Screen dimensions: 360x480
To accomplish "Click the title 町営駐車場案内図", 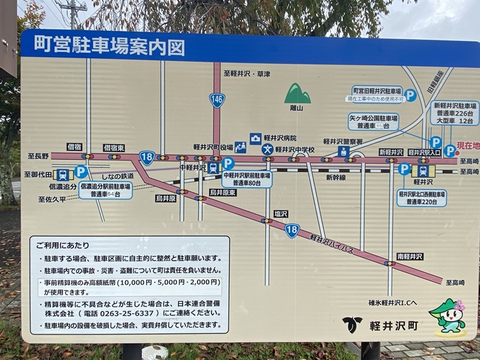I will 104,47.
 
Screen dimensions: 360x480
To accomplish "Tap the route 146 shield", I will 217,100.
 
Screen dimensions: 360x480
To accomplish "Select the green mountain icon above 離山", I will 298,94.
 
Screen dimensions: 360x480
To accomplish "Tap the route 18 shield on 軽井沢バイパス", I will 292,230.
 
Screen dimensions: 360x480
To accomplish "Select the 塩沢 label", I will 281,213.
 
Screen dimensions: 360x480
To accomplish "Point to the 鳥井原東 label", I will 223,193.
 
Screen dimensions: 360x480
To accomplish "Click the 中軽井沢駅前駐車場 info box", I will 248,179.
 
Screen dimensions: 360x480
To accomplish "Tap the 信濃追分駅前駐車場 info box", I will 105,190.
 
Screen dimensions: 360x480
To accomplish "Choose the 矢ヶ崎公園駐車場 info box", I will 374,121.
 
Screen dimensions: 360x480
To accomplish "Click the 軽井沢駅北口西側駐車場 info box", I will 422,198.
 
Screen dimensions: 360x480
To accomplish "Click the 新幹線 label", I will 335,177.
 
